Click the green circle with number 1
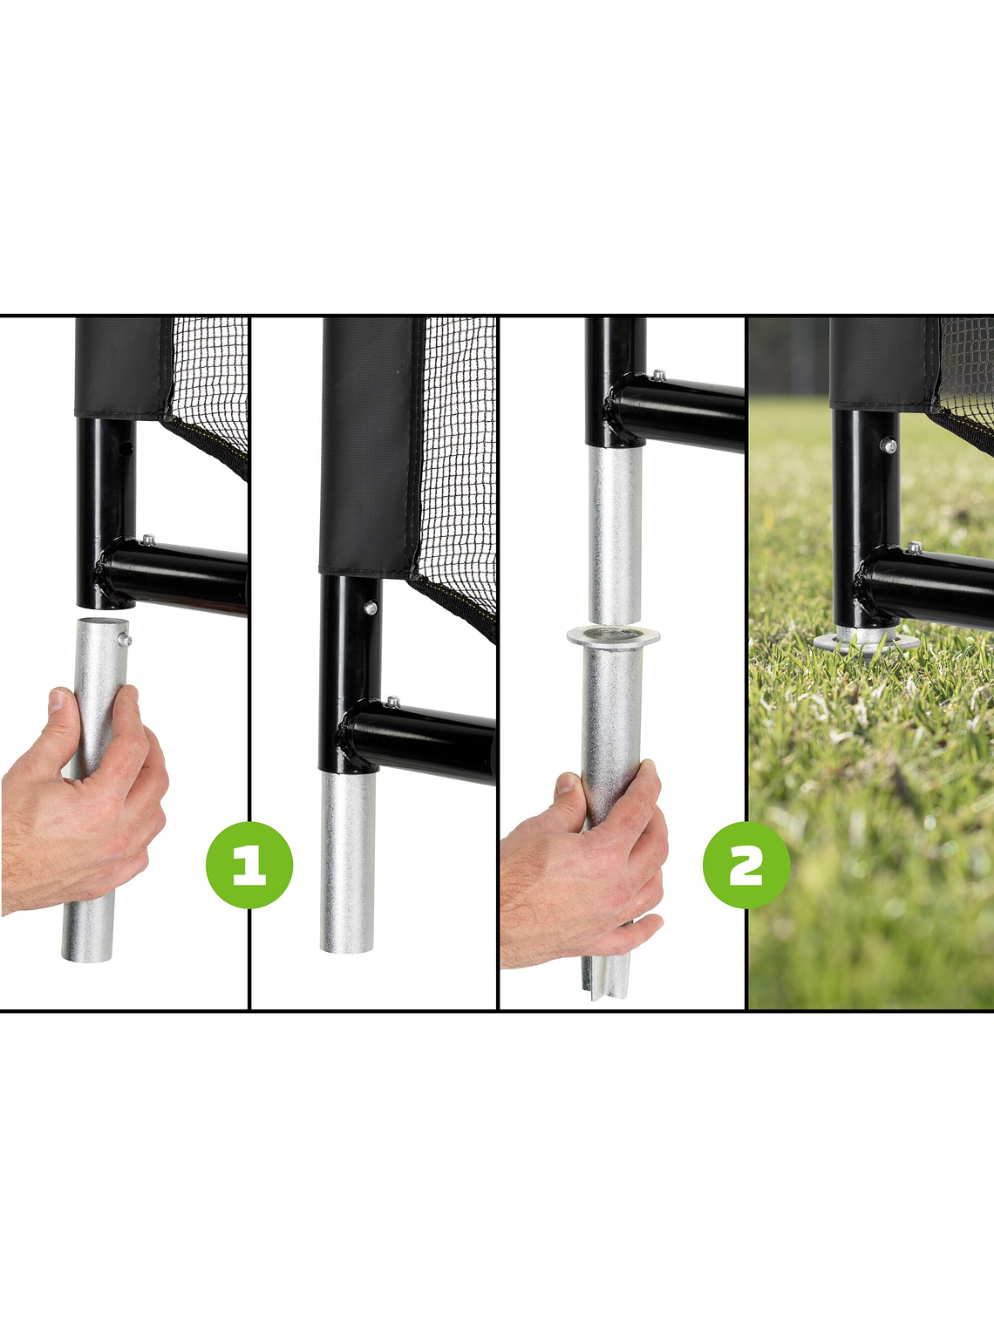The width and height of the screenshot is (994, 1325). pyautogui.click(x=249, y=865)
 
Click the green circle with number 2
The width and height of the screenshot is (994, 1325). pyautogui.click(x=745, y=865)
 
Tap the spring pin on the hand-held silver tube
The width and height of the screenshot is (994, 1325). pyautogui.click(x=126, y=639)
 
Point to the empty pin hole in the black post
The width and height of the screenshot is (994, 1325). pyautogui.click(x=127, y=449)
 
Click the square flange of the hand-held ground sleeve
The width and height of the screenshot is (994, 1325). pyautogui.click(x=613, y=635)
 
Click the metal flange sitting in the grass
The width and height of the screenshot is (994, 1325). pyautogui.click(x=865, y=642)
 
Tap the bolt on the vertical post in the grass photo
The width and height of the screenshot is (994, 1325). pyautogui.click(x=888, y=445)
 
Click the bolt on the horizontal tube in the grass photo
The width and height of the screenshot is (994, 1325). pyautogui.click(x=914, y=547)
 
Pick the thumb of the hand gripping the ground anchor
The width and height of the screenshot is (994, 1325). pyautogui.click(x=568, y=790)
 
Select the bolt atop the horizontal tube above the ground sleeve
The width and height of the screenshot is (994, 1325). pyautogui.click(x=658, y=376)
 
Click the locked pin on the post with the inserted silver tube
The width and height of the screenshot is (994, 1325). pyautogui.click(x=371, y=608)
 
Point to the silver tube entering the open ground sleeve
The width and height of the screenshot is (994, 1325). pyautogui.click(x=615, y=532)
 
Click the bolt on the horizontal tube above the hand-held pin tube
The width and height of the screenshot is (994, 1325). pyautogui.click(x=147, y=540)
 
